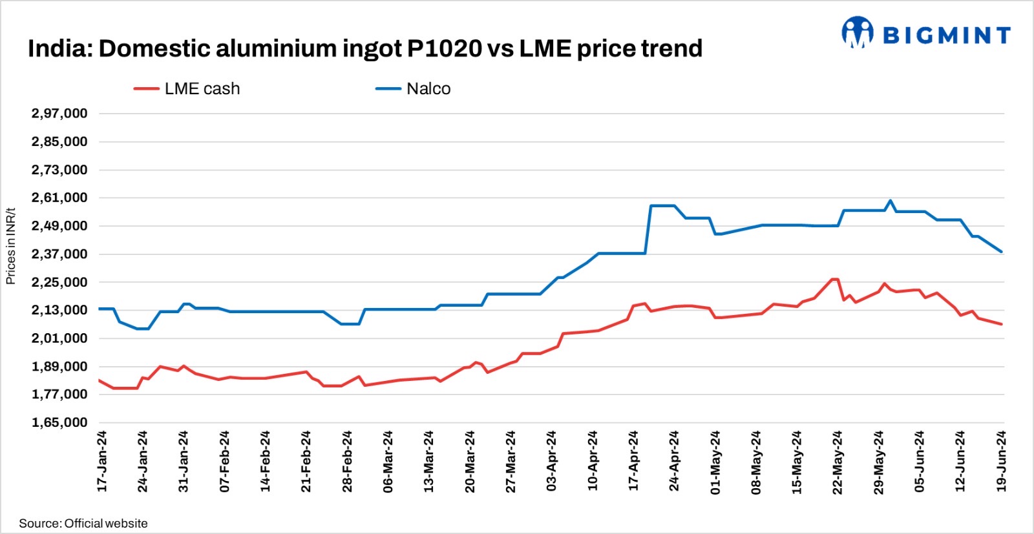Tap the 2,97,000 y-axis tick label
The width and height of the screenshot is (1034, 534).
(59, 114)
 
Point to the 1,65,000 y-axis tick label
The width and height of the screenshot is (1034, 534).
(59, 422)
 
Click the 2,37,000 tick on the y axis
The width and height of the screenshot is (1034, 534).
(59, 254)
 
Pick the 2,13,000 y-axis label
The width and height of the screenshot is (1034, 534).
(59, 310)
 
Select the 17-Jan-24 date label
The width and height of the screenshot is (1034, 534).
(102, 461)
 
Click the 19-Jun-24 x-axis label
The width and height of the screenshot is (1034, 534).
(1001, 461)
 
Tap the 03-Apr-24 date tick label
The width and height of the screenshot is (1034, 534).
(551, 461)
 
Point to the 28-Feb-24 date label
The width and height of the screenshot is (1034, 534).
(347, 461)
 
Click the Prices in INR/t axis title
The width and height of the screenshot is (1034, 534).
(10, 246)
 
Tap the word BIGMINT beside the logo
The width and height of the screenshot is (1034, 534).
(946, 35)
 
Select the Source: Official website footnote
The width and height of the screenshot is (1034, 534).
(83, 523)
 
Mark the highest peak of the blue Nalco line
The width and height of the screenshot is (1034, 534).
(891, 200)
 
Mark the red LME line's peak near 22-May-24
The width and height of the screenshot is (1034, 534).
(834, 279)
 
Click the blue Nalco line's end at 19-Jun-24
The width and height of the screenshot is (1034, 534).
(1002, 252)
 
